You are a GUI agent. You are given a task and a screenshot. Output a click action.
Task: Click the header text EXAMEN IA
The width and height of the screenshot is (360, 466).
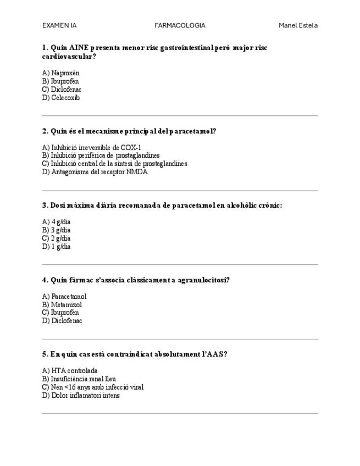coord(59,25)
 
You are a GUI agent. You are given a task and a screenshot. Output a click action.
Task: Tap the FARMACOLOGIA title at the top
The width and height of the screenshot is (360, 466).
coord(180,25)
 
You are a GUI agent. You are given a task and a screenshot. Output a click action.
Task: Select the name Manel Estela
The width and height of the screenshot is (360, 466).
coord(298,25)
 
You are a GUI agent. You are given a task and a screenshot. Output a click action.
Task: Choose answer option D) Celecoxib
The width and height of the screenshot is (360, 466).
coord(61,98)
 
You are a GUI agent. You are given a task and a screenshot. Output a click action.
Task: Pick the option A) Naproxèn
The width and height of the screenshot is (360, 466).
coord(61,73)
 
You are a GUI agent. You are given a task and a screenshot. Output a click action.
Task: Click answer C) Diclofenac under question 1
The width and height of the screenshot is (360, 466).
coord(62,90)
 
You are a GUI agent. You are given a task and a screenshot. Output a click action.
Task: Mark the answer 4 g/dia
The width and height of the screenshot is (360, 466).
coord(57,222)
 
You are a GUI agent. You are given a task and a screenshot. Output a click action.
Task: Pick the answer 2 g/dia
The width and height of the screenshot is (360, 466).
coord(57,238)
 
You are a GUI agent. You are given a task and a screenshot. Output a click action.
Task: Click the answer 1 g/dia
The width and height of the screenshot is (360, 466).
coord(57,247)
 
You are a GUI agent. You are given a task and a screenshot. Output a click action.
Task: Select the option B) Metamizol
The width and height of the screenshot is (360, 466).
coord(62,304)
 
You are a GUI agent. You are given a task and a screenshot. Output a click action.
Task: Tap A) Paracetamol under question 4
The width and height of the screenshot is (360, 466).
coord(64,296)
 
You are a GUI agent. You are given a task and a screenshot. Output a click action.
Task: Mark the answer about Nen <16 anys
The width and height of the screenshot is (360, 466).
coord(93,387)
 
